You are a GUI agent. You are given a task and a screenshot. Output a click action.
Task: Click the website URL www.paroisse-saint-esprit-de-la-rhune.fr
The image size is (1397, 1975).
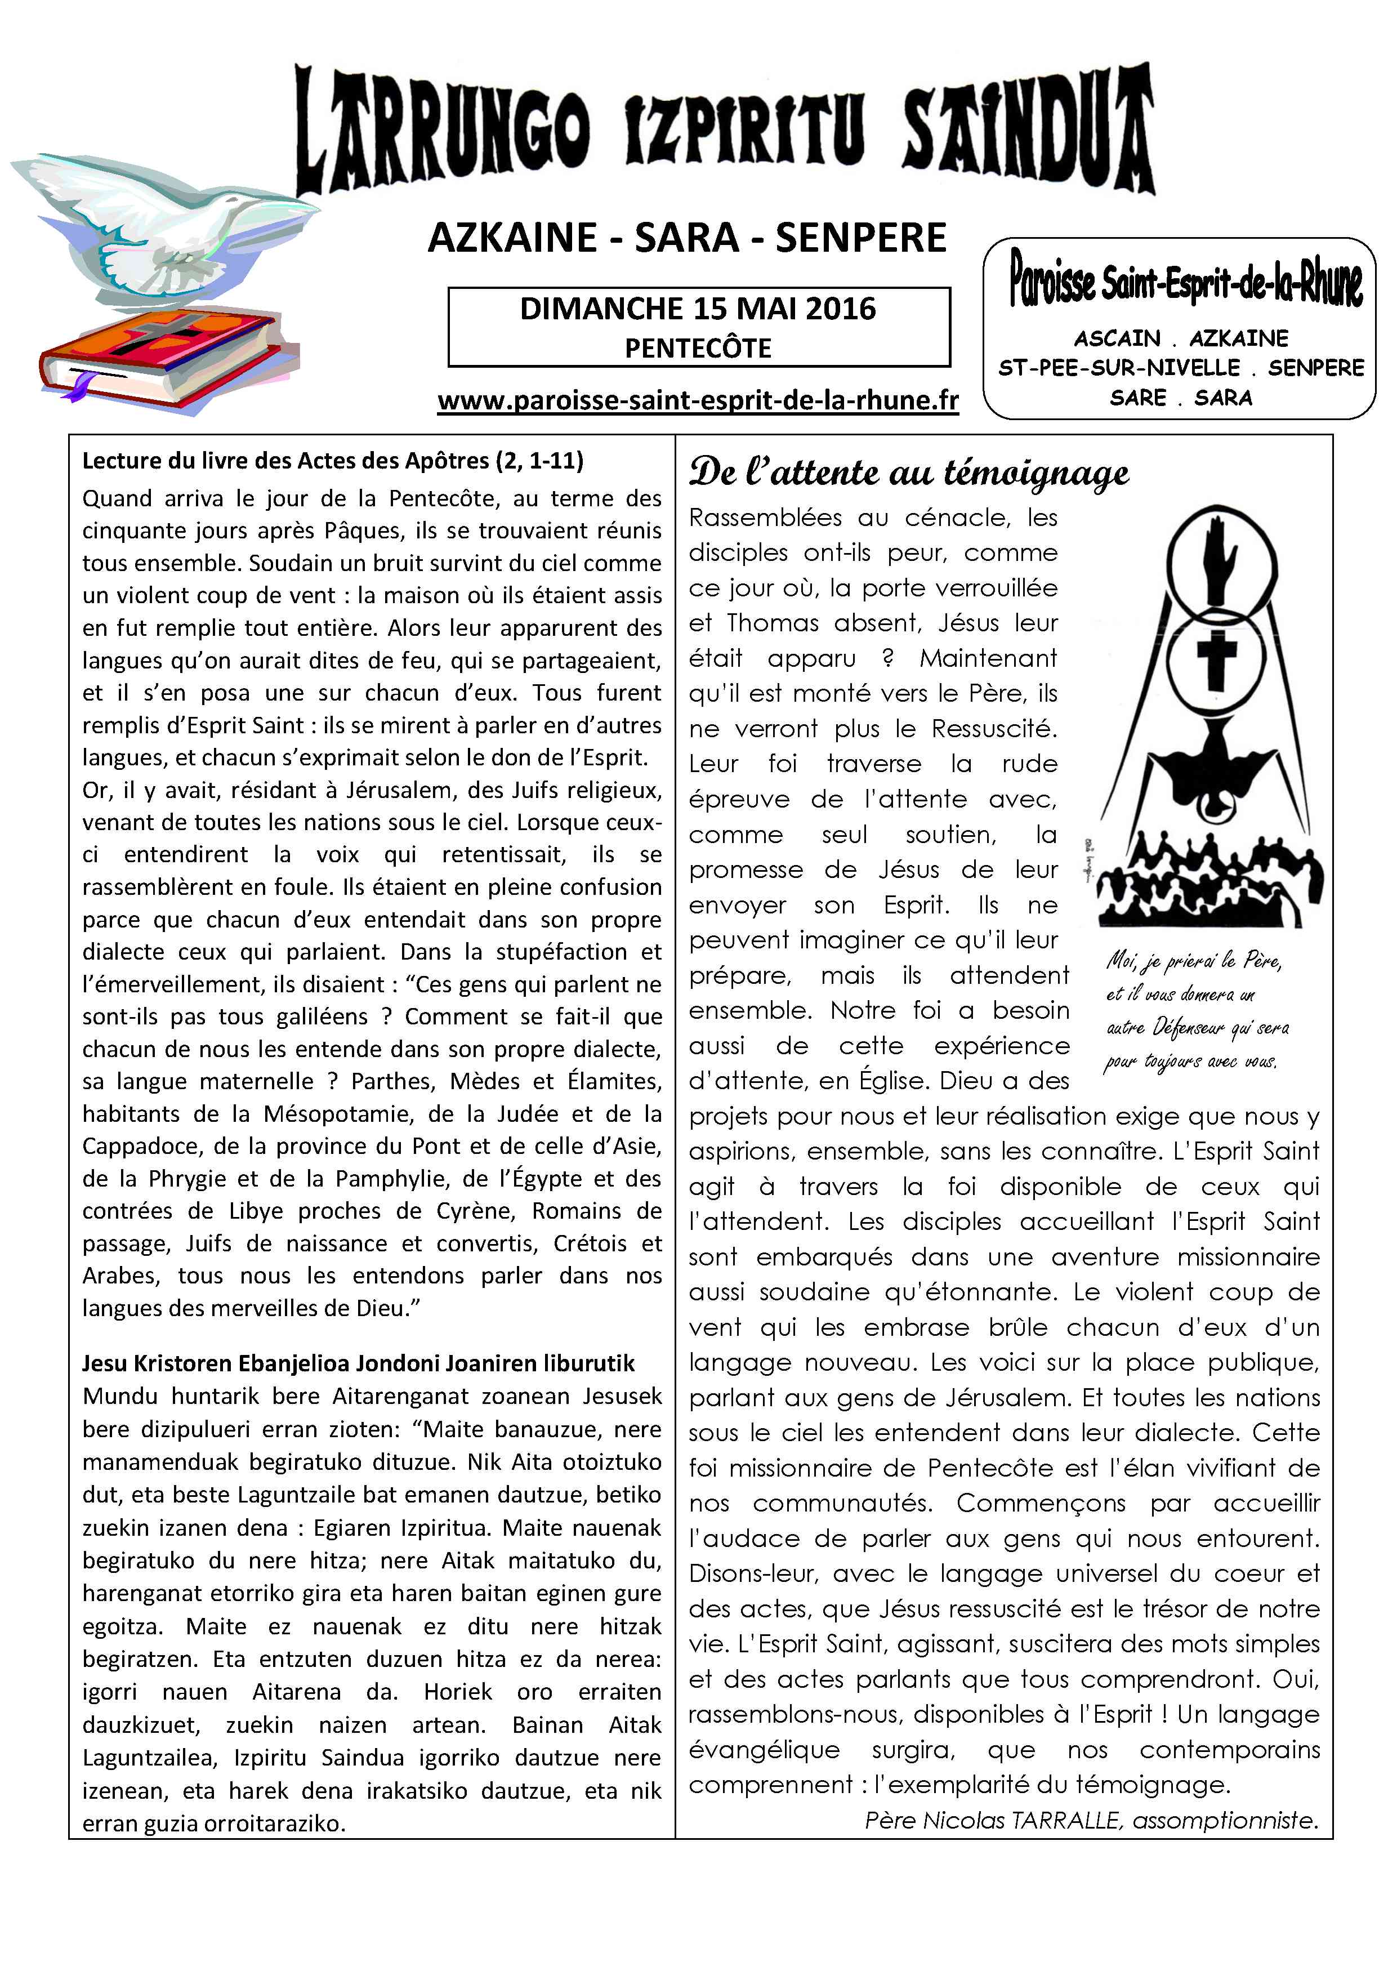coord(698,401)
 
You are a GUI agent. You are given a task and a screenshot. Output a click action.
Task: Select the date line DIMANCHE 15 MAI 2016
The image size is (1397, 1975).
coord(698,309)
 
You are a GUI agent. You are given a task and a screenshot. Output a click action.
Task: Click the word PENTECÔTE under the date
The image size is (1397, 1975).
coord(698,349)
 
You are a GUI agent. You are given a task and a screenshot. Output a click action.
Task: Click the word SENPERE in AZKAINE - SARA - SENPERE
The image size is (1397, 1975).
coord(860,238)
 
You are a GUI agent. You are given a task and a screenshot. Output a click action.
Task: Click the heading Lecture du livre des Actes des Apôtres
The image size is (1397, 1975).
coord(333,461)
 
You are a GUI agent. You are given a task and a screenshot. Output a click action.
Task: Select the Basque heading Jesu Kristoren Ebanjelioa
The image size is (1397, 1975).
coord(358,1363)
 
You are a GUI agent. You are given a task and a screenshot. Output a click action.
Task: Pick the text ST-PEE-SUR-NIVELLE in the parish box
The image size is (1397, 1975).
coord(1118,368)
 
